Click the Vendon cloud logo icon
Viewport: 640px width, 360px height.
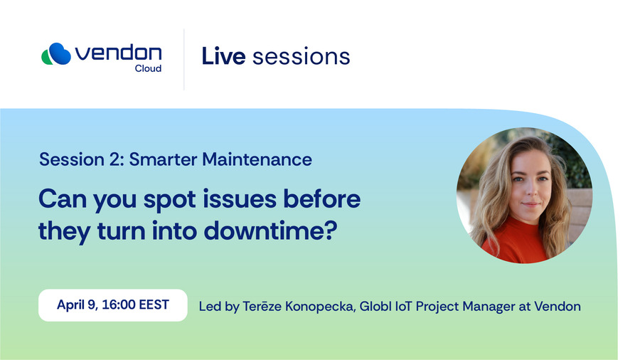click(x=56, y=54)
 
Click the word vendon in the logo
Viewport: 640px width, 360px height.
click(x=118, y=53)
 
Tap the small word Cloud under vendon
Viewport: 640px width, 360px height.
click(x=148, y=68)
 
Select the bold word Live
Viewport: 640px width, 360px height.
click(x=223, y=56)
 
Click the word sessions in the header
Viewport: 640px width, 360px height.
click(x=302, y=57)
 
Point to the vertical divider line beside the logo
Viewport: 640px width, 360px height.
click(x=184, y=60)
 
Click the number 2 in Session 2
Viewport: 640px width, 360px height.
click(x=114, y=159)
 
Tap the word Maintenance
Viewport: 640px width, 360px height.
click(x=257, y=159)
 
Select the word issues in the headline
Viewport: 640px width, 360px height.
click(x=239, y=199)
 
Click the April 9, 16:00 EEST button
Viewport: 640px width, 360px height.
click(x=113, y=305)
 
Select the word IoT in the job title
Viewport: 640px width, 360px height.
click(x=404, y=306)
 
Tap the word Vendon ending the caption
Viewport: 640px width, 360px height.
click(x=558, y=306)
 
